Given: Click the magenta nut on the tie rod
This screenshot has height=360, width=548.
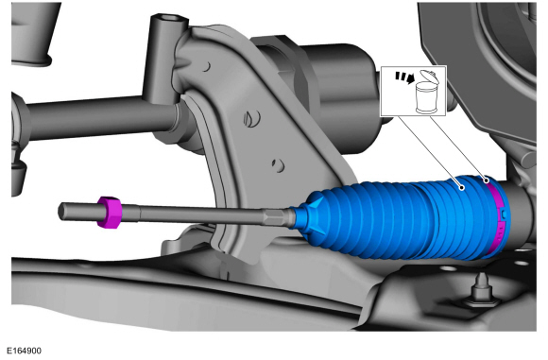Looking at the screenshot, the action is (109, 213).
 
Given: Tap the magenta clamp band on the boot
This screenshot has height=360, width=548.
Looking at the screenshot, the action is (497, 216).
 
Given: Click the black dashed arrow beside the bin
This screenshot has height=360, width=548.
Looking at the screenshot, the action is (404, 77).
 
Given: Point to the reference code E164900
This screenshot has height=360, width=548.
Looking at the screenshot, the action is (25, 351).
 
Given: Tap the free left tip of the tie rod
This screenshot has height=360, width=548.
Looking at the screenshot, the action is (60, 211).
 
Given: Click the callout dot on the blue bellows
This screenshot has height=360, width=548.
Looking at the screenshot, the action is (462, 188).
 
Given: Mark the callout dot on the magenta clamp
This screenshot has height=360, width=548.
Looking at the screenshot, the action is (487, 180).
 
